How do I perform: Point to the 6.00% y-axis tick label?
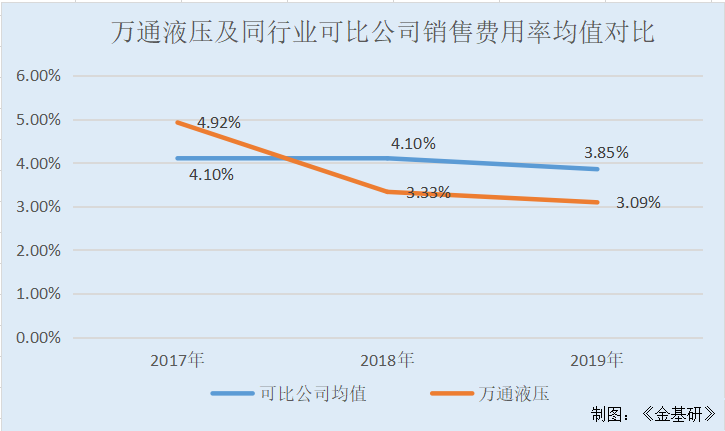[x=37, y=76]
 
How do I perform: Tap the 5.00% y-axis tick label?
[x=37, y=120]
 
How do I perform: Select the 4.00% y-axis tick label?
[x=37, y=163]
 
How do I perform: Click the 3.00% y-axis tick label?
[x=37, y=207]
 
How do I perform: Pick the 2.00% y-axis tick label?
[x=37, y=250]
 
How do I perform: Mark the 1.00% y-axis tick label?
[x=37, y=294]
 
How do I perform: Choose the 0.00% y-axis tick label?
[x=37, y=338]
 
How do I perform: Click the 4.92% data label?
[x=218, y=123]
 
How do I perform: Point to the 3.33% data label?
[x=428, y=192]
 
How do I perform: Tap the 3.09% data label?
[x=638, y=203]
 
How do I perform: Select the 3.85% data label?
[x=606, y=153]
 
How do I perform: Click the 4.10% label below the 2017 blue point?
[x=211, y=175]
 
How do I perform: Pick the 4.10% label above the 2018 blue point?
[x=413, y=143]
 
